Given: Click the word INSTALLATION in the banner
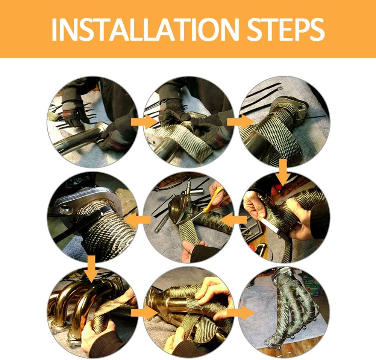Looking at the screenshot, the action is coord(145,29).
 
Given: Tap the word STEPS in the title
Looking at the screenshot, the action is coord(286,29).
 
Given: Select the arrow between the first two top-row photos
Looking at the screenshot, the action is coord(144,122).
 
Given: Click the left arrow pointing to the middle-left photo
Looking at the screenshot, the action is coord(137,219).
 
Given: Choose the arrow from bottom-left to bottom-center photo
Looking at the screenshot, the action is coord(144,313).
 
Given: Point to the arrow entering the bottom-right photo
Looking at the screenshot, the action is coord(241,313).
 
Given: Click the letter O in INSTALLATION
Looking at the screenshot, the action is coord(203,29).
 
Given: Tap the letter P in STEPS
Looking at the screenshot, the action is coord(298,29).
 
